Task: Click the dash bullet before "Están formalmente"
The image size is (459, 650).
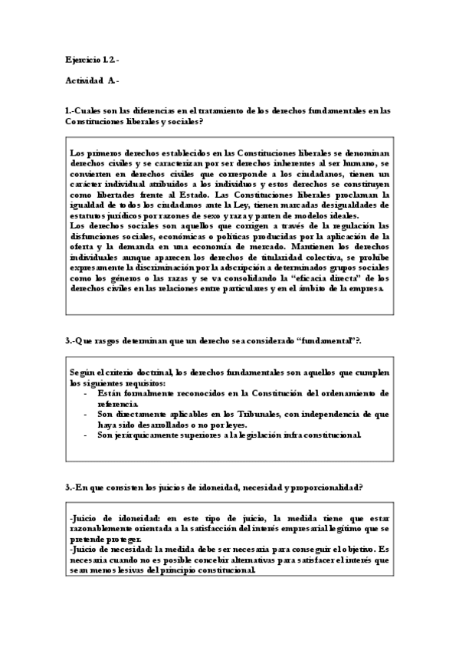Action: click(x=85, y=394)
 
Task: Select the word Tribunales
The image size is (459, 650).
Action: click(x=221, y=414)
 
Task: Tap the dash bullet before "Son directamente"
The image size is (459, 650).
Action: click(x=85, y=414)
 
